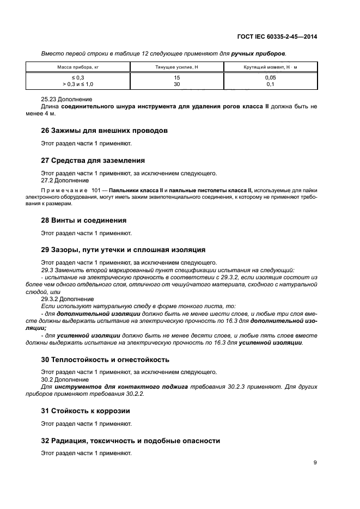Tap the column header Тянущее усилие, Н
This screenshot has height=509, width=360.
(x=177, y=67)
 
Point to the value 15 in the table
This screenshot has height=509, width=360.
(x=177, y=78)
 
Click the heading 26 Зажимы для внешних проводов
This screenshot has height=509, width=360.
(x=104, y=131)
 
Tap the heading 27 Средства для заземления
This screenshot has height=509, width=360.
(x=93, y=161)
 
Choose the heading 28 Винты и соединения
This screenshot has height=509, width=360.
(x=84, y=220)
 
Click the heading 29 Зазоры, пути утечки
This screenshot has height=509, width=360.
(x=123, y=250)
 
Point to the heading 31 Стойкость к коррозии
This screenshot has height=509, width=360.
(x=86, y=410)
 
